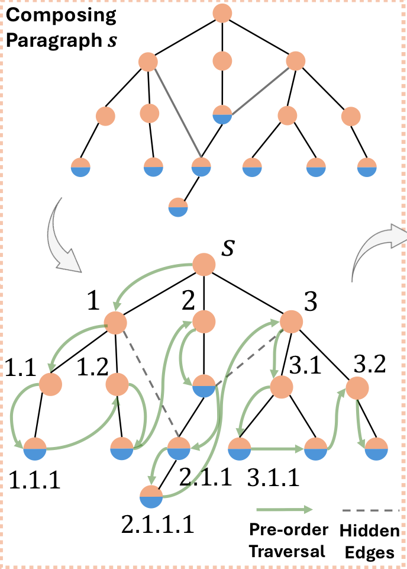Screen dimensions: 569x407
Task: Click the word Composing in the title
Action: point(61,15)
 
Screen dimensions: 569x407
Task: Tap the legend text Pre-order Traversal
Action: point(287,542)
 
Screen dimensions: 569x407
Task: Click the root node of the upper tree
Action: point(222,14)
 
